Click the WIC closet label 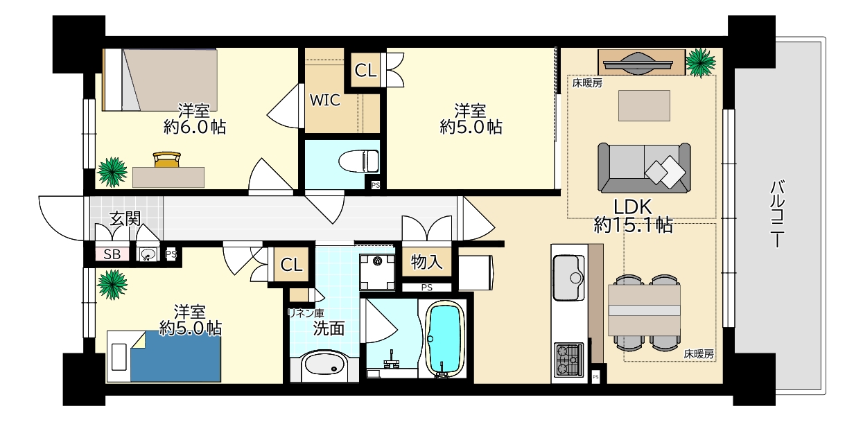pyautogui.click(x=324, y=100)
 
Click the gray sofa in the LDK pyautogui.click(x=645, y=168)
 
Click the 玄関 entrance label pyautogui.click(x=125, y=218)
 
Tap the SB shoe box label pyautogui.click(x=112, y=254)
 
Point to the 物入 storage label pyautogui.click(x=427, y=262)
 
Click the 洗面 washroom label pyautogui.click(x=329, y=328)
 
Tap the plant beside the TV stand pyautogui.click(x=701, y=61)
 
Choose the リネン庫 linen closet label pyautogui.click(x=305, y=313)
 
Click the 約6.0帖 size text pyautogui.click(x=195, y=127)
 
